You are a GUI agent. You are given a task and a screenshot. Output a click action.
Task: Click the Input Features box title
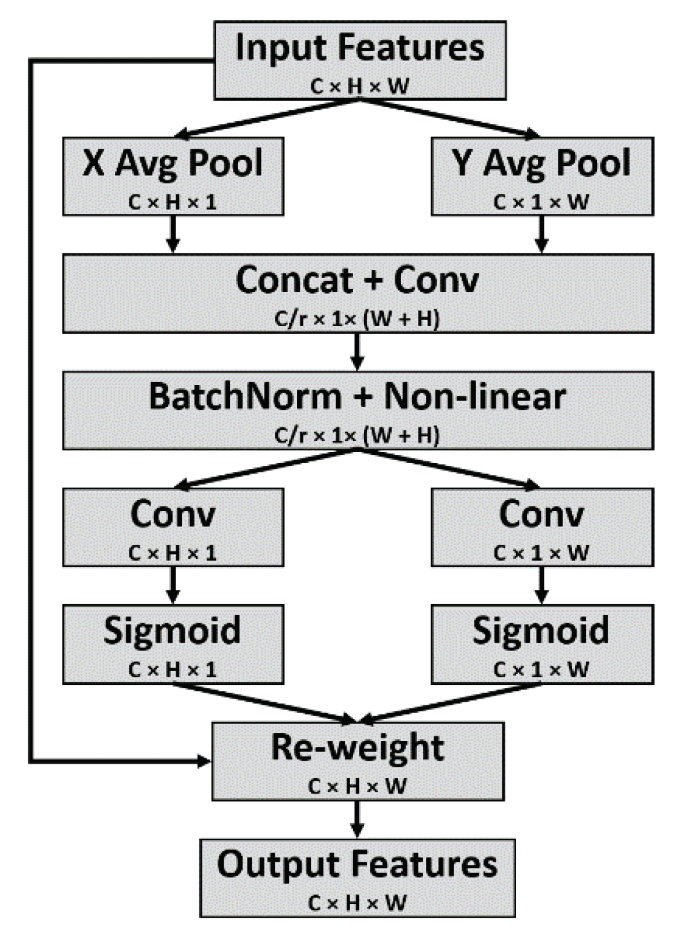click(x=360, y=48)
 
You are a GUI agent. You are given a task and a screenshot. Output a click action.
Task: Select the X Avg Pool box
click(x=173, y=176)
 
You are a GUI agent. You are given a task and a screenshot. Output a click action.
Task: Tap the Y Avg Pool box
click(x=541, y=176)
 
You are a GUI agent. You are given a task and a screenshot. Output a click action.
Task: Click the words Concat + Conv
click(x=357, y=280)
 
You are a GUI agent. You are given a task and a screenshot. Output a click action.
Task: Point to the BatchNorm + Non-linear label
click(x=357, y=397)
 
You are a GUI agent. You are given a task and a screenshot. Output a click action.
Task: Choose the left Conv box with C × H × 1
click(x=173, y=527)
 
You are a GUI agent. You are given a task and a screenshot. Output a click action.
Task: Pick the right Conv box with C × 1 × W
click(x=541, y=527)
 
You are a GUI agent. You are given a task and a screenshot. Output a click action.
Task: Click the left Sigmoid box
click(x=173, y=644)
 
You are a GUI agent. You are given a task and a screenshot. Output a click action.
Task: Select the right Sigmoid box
click(x=541, y=644)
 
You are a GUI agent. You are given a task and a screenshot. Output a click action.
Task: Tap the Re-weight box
click(x=358, y=761)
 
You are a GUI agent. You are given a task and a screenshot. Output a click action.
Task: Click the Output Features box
click(x=357, y=877)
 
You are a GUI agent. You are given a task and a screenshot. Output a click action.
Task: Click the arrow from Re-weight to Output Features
click(x=357, y=819)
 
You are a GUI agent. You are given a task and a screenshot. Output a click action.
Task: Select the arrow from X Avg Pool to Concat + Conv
click(x=173, y=234)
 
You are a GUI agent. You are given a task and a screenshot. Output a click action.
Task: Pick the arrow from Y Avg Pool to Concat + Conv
click(x=541, y=234)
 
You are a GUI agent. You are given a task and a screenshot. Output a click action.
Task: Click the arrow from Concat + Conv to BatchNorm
click(x=357, y=351)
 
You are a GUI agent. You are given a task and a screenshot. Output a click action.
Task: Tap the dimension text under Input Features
click(x=360, y=86)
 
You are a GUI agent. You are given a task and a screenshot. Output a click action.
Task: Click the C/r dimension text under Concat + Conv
click(x=357, y=318)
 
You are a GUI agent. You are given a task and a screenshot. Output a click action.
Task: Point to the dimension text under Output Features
click(x=357, y=903)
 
